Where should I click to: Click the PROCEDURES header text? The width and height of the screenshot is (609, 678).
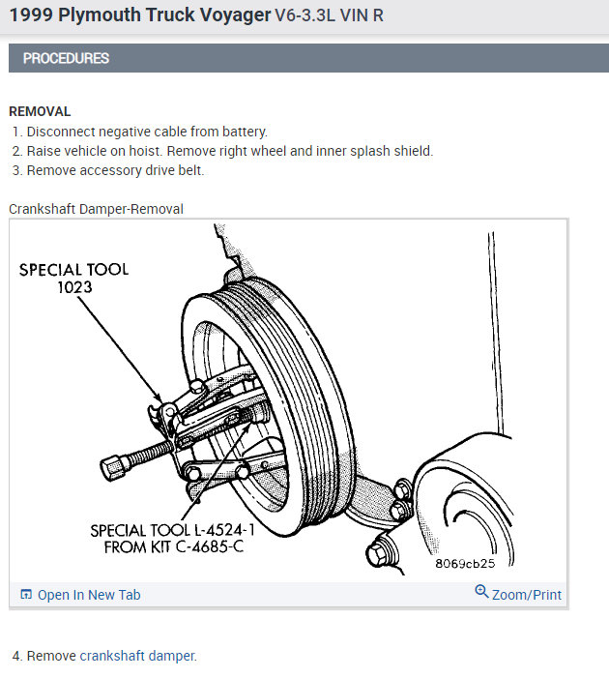coord(66,58)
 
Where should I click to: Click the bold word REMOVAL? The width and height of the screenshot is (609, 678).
coord(40,111)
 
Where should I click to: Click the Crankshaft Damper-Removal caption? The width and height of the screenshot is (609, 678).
coord(96,209)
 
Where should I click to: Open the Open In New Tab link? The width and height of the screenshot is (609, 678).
coord(88,595)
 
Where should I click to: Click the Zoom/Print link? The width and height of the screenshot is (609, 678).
coord(526,595)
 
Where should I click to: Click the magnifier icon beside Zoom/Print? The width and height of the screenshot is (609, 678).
coord(481,592)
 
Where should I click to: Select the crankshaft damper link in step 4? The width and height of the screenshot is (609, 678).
coord(137,656)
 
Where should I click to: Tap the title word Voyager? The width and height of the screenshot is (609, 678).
coord(224,16)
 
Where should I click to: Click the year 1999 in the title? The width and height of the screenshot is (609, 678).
coord(30,16)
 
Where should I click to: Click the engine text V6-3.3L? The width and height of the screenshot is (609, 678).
coord(305,17)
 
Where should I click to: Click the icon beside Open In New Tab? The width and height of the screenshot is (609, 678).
coord(26,595)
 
